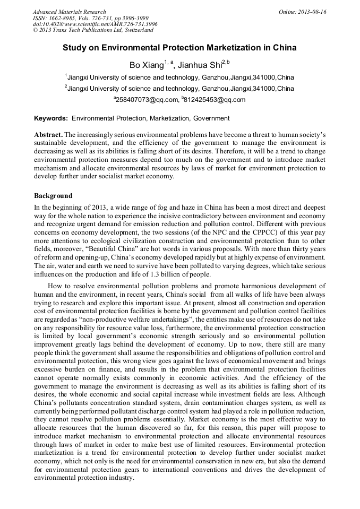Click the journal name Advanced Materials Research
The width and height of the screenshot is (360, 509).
(x=69, y=12)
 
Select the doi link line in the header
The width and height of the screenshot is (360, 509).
(x=95, y=24)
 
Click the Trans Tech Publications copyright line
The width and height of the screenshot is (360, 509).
(x=93, y=30)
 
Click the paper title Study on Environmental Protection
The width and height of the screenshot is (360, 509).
(x=179, y=48)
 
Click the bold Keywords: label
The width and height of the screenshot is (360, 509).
(x=51, y=118)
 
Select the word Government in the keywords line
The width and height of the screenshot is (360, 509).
(x=211, y=118)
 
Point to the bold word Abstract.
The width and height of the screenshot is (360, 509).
(x=48, y=135)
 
